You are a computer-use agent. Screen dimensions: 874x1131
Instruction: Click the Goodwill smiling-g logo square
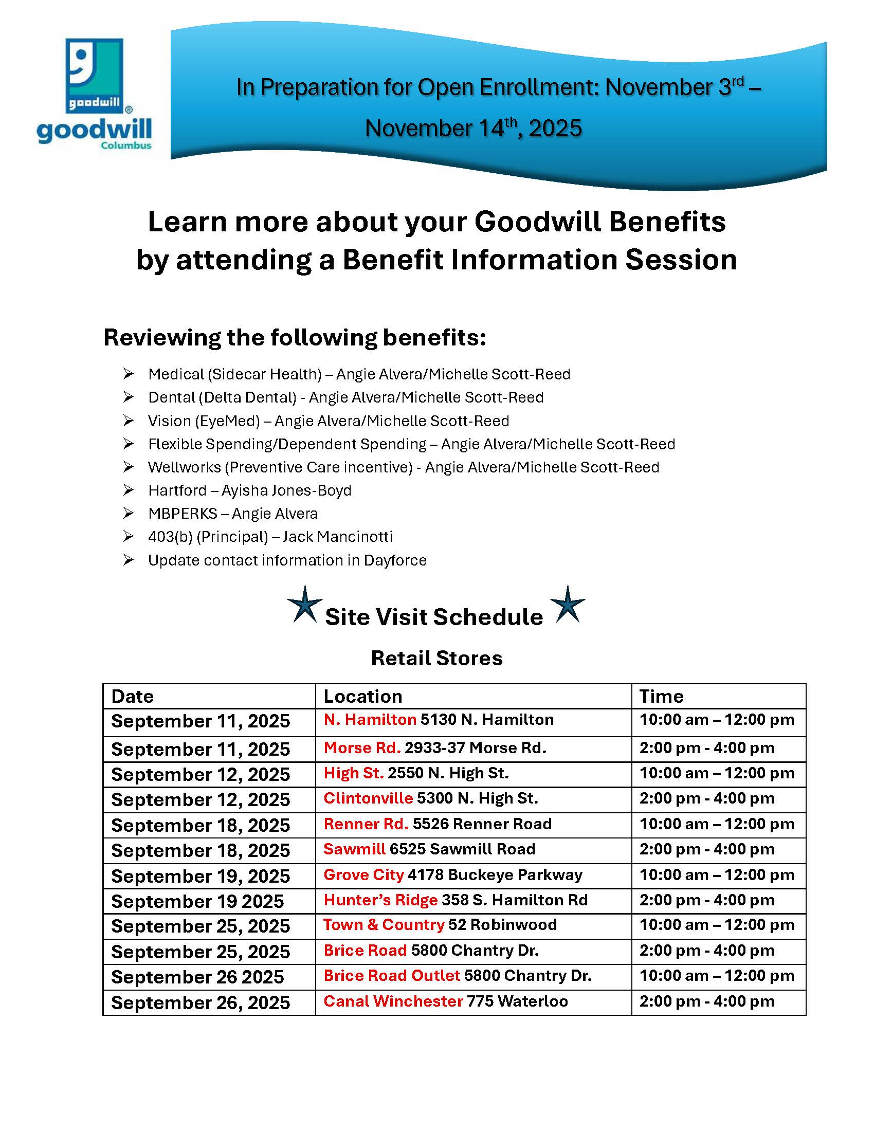pos(95,76)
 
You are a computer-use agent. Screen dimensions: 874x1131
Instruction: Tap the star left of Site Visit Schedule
pos(305,605)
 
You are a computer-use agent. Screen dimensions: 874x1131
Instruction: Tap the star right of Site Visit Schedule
pos(568,605)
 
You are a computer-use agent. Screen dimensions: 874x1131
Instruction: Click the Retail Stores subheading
pos(436,658)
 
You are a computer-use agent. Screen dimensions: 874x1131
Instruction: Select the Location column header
pos(363,697)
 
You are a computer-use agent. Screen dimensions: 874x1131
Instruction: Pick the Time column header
pos(661,697)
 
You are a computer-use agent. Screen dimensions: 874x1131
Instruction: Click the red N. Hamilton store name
pos(370,719)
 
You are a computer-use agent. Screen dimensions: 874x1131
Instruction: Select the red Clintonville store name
pos(368,798)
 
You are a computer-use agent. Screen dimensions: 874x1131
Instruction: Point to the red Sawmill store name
pos(355,849)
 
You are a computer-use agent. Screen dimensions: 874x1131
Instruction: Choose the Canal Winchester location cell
pos(473,1002)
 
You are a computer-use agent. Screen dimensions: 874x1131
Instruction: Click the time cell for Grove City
pos(719,875)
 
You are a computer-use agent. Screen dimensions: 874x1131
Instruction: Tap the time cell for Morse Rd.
pos(719,749)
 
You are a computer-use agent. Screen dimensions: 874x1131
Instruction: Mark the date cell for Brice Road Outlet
pos(209,977)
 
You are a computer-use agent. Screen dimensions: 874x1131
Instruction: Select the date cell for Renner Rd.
pos(209,826)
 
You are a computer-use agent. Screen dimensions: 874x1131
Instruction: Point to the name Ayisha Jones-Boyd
pos(286,490)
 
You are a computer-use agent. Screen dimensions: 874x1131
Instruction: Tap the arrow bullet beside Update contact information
pos(129,560)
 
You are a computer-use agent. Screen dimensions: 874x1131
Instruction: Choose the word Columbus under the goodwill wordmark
pos(126,145)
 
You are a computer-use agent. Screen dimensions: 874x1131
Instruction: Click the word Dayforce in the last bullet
pos(395,560)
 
